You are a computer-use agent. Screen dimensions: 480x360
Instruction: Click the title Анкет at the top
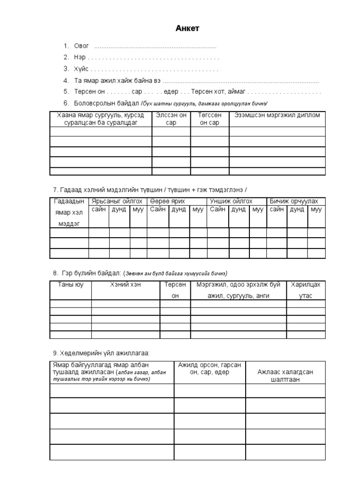click(187, 29)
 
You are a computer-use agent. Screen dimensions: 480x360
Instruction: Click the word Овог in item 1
click(81, 46)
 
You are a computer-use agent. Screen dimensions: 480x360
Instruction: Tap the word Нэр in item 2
click(79, 57)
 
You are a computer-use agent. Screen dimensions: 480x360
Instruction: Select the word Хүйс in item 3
click(81, 69)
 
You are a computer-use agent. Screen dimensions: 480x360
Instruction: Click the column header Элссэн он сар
click(171, 119)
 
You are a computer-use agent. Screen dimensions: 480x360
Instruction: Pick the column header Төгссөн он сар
click(210, 119)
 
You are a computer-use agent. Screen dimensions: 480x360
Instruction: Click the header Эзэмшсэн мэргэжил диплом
click(277, 115)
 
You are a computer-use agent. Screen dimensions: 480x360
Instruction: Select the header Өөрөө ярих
click(167, 201)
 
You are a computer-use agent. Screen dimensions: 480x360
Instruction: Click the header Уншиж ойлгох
click(231, 201)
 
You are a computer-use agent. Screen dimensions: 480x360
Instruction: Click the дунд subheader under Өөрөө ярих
click(179, 210)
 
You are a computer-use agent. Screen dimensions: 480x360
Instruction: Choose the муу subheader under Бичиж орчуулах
click(316, 210)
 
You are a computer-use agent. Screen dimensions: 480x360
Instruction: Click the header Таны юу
click(70, 285)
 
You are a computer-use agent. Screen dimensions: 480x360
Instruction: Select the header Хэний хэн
click(125, 285)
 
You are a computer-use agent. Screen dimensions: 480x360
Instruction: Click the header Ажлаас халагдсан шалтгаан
click(285, 375)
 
